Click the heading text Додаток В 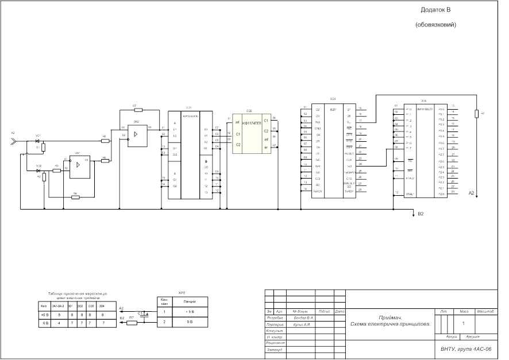coord(436,10)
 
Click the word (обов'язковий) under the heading coord(436,25)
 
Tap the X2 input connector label coord(13,133)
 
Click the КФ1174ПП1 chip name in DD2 coord(252,123)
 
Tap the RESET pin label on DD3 coord(349,154)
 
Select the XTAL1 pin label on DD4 coord(410,194)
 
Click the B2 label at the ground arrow coord(421,214)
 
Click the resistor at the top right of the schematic coord(476,114)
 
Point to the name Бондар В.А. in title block coord(303,318)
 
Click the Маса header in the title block coord(464,312)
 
